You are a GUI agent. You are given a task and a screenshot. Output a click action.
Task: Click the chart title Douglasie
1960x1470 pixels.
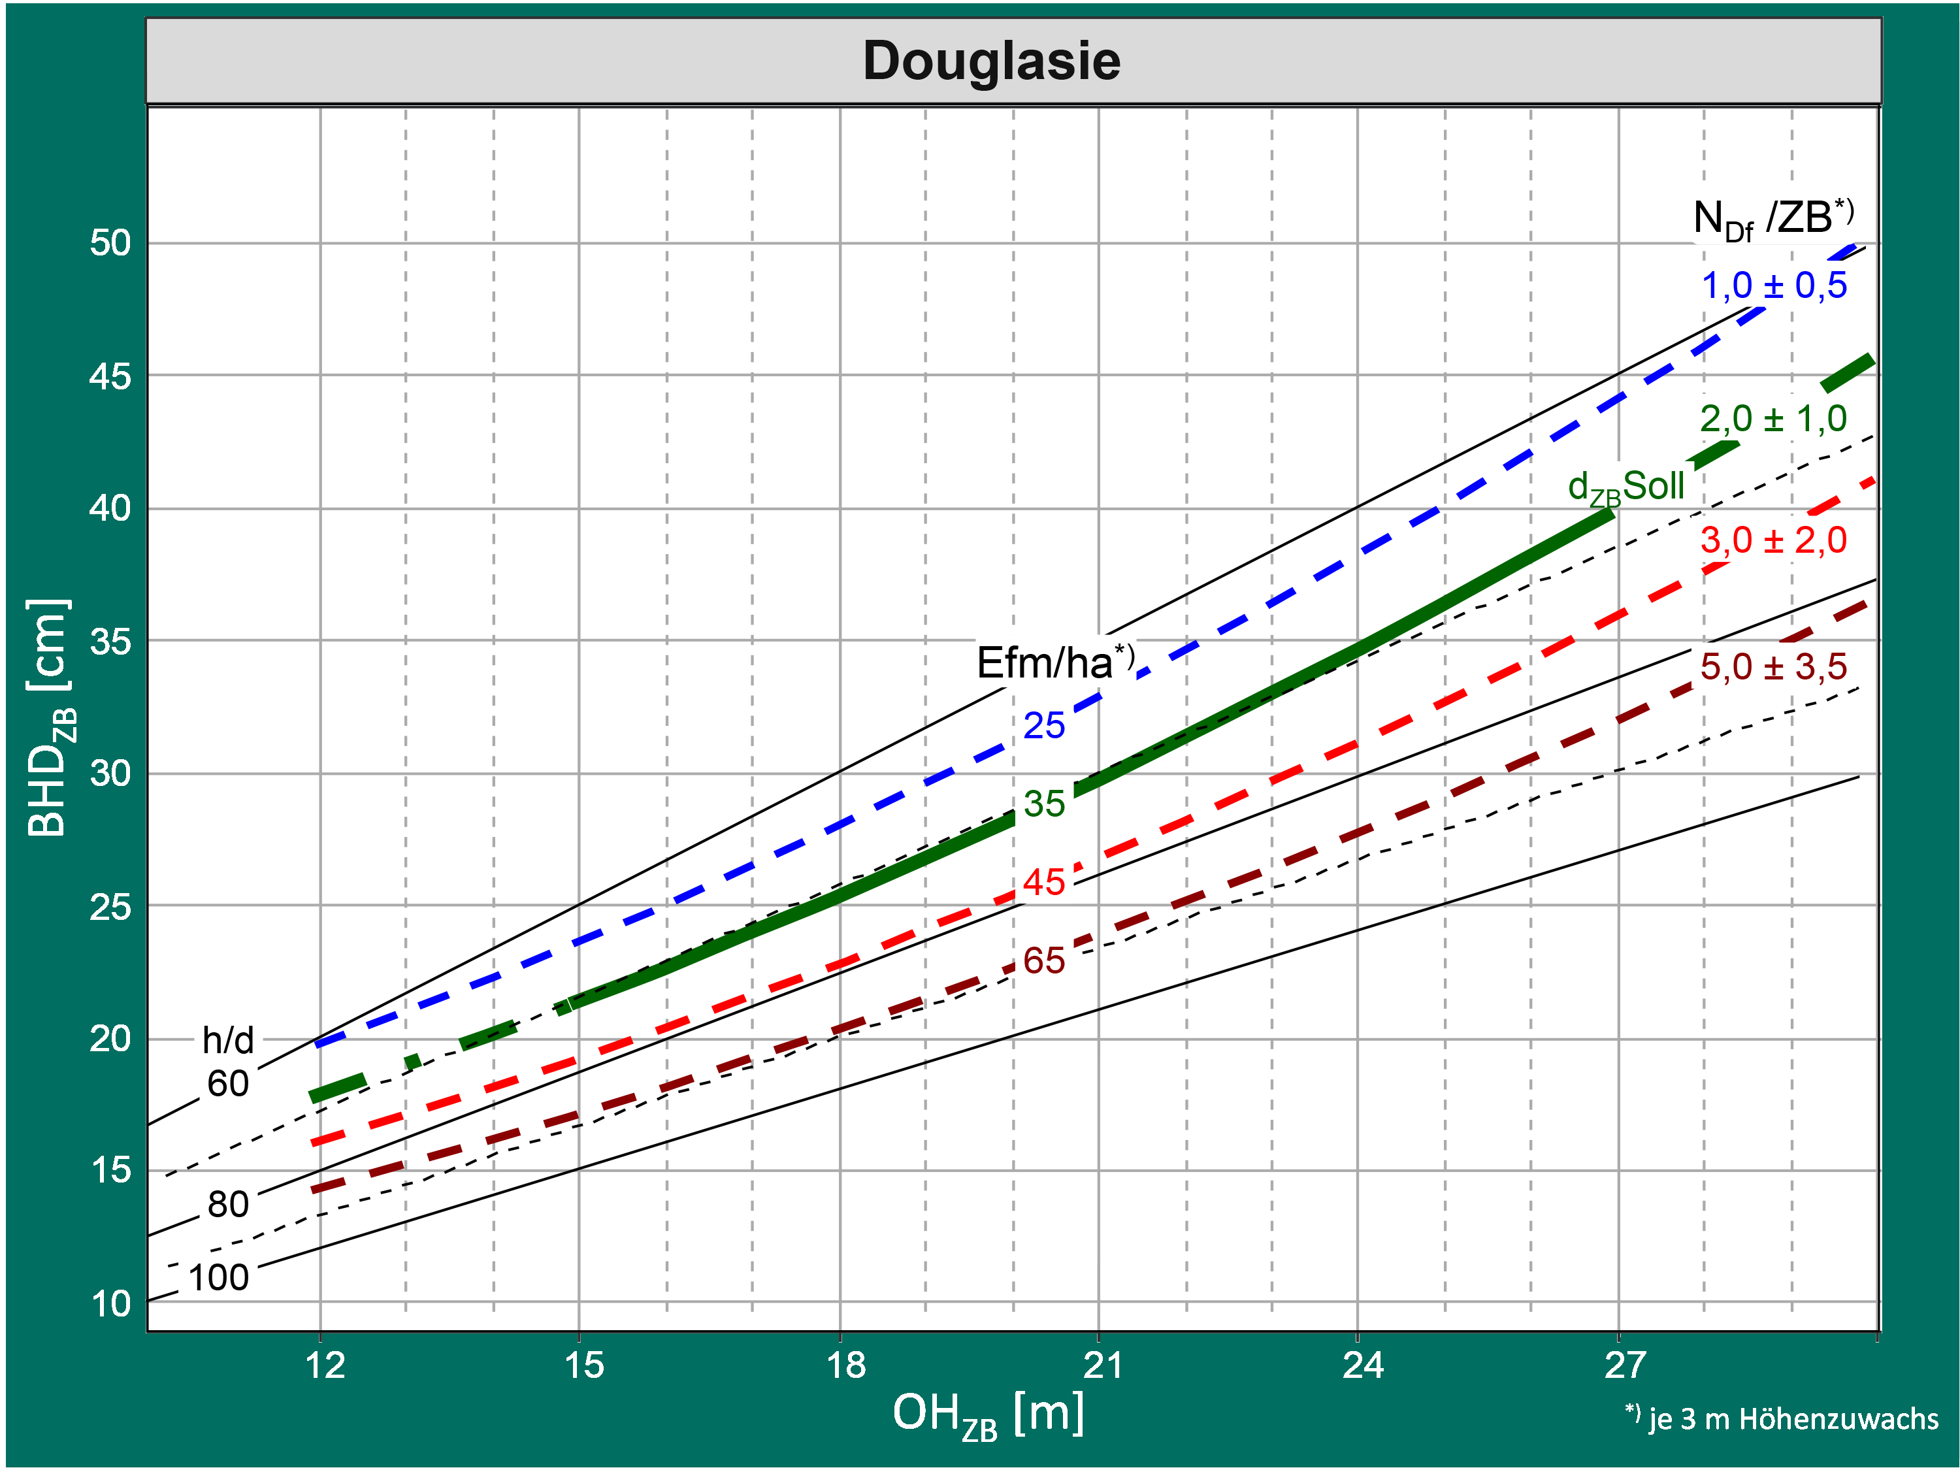[992, 61]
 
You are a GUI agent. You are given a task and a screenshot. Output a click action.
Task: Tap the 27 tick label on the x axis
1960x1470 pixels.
[1624, 1365]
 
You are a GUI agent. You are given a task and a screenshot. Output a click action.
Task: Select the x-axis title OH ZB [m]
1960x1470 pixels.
[988, 1414]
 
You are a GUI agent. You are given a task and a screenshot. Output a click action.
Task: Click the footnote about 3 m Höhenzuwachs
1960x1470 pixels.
[1781, 1418]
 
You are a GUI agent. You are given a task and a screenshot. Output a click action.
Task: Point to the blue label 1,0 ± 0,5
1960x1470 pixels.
[1774, 286]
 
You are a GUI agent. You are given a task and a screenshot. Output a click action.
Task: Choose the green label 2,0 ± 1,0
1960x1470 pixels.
[1773, 418]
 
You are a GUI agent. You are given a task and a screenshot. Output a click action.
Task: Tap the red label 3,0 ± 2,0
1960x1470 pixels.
[1773, 540]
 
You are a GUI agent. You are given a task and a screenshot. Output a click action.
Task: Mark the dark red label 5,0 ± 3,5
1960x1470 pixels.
[1773, 666]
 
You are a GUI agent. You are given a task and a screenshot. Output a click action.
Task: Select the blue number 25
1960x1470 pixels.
[1044, 726]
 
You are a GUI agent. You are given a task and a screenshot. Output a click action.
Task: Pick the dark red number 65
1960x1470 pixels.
[1044, 960]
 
